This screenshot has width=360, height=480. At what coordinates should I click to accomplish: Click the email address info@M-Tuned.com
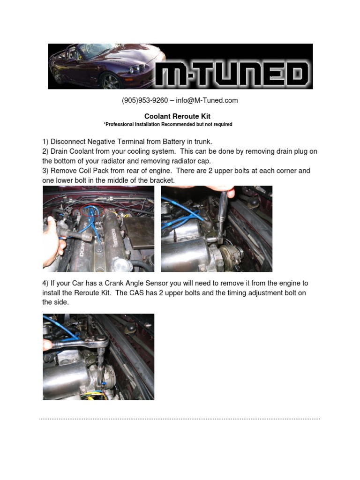point(207,100)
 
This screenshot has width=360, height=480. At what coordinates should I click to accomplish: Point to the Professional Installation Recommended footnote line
point(168,124)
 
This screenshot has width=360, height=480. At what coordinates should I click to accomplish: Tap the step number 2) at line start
point(45,151)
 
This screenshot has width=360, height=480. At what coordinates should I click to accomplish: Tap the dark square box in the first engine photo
point(139,232)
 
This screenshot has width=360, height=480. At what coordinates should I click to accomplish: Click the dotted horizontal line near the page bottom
point(180,419)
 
